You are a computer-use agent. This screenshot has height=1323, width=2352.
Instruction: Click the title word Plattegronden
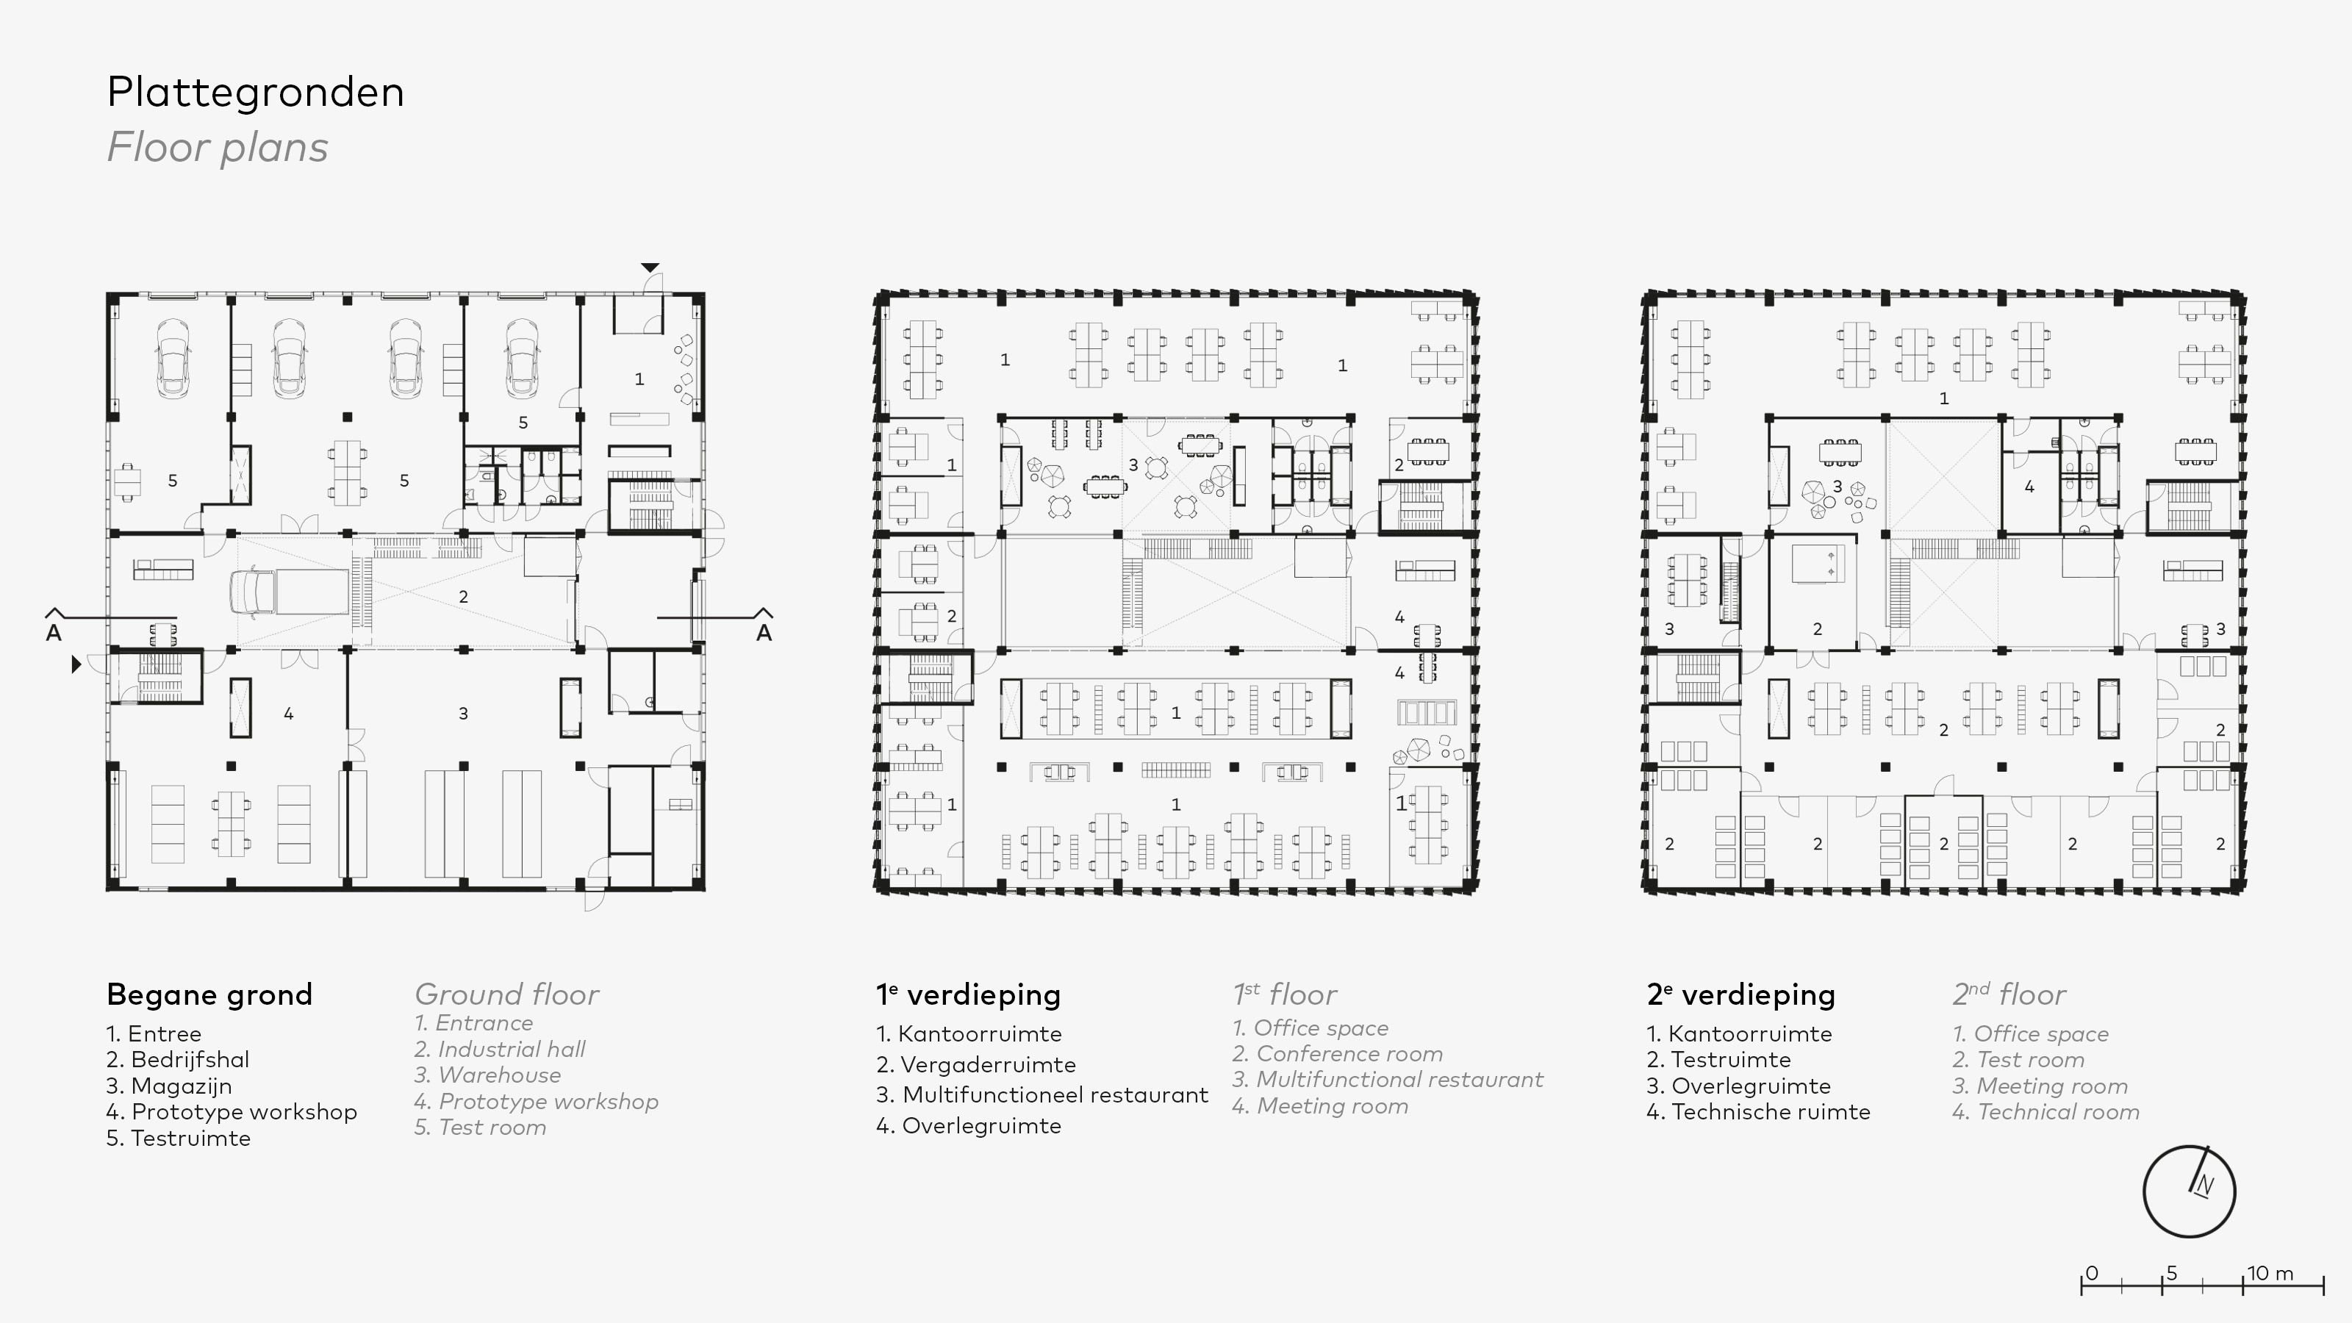[255, 92]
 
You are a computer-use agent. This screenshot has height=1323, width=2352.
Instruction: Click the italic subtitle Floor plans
[218, 148]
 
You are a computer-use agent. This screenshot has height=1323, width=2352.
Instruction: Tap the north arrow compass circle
[2189, 1191]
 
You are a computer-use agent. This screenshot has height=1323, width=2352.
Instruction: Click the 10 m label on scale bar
[2270, 1273]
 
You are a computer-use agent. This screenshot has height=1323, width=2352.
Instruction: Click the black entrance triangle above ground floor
[649, 268]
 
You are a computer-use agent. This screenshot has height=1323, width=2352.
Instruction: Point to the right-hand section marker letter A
[764, 633]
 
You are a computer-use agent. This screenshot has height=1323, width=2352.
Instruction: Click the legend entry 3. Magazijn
[170, 1086]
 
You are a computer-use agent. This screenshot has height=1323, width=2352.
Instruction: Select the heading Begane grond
[209, 994]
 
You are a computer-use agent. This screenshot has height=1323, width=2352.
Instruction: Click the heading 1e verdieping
[968, 994]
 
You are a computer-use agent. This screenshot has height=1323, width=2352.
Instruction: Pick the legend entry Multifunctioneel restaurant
[1041, 1094]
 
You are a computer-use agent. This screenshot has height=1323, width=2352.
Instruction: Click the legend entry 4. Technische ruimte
[1759, 1111]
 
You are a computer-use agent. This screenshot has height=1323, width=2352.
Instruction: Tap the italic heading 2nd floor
[2009, 994]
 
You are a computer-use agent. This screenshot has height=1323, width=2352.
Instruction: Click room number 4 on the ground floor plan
[289, 714]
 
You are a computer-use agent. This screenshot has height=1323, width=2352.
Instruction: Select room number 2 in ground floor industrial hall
[463, 597]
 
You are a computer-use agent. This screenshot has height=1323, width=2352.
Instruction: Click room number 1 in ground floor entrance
[639, 379]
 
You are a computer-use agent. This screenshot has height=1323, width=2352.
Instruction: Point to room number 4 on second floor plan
[2029, 487]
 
